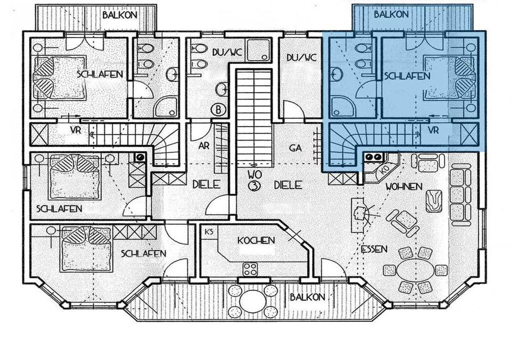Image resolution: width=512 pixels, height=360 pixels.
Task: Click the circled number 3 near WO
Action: click(254, 186)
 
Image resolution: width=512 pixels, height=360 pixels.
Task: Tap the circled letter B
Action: click(218, 109)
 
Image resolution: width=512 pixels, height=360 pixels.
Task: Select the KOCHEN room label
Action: click(255, 241)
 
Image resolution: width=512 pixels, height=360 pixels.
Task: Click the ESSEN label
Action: click(374, 249)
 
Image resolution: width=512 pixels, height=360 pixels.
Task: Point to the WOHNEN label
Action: click(403, 186)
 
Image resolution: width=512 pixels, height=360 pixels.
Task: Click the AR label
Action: click(204, 145)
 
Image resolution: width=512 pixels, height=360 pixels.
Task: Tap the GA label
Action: click(295, 148)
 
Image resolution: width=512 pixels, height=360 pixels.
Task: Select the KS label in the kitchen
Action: click(208, 231)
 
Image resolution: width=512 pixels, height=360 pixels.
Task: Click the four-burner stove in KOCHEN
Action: click(250, 270)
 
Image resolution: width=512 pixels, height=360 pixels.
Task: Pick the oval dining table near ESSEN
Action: click(415, 270)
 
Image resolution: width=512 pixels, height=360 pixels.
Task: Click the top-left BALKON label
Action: click(120, 15)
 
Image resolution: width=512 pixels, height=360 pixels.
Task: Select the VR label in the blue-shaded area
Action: click(433, 130)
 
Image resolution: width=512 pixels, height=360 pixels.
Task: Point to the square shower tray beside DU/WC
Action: click(259, 50)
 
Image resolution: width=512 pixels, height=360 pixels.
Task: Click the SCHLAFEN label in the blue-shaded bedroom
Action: click(407, 76)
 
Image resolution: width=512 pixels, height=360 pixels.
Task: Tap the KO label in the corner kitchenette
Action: click(384, 170)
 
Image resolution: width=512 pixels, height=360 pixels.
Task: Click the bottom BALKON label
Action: click(307, 297)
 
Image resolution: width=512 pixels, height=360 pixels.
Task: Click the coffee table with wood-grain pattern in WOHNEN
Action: click(434, 201)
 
